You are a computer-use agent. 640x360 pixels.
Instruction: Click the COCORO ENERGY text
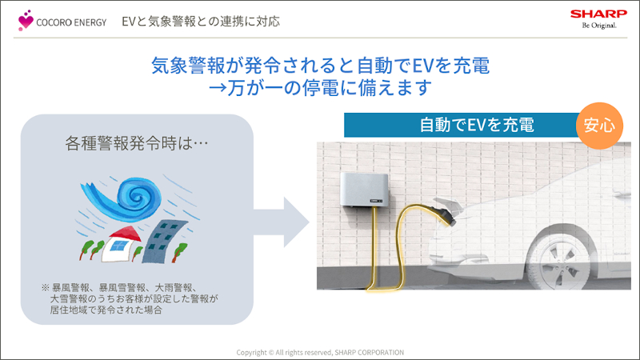point(71,22)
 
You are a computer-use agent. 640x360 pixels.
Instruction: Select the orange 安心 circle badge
point(600,126)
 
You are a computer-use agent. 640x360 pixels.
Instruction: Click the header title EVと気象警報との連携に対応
point(201,20)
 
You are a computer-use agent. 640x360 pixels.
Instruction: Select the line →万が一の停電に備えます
point(320,88)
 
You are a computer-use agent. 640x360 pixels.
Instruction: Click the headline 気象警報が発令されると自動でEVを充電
point(320,64)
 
